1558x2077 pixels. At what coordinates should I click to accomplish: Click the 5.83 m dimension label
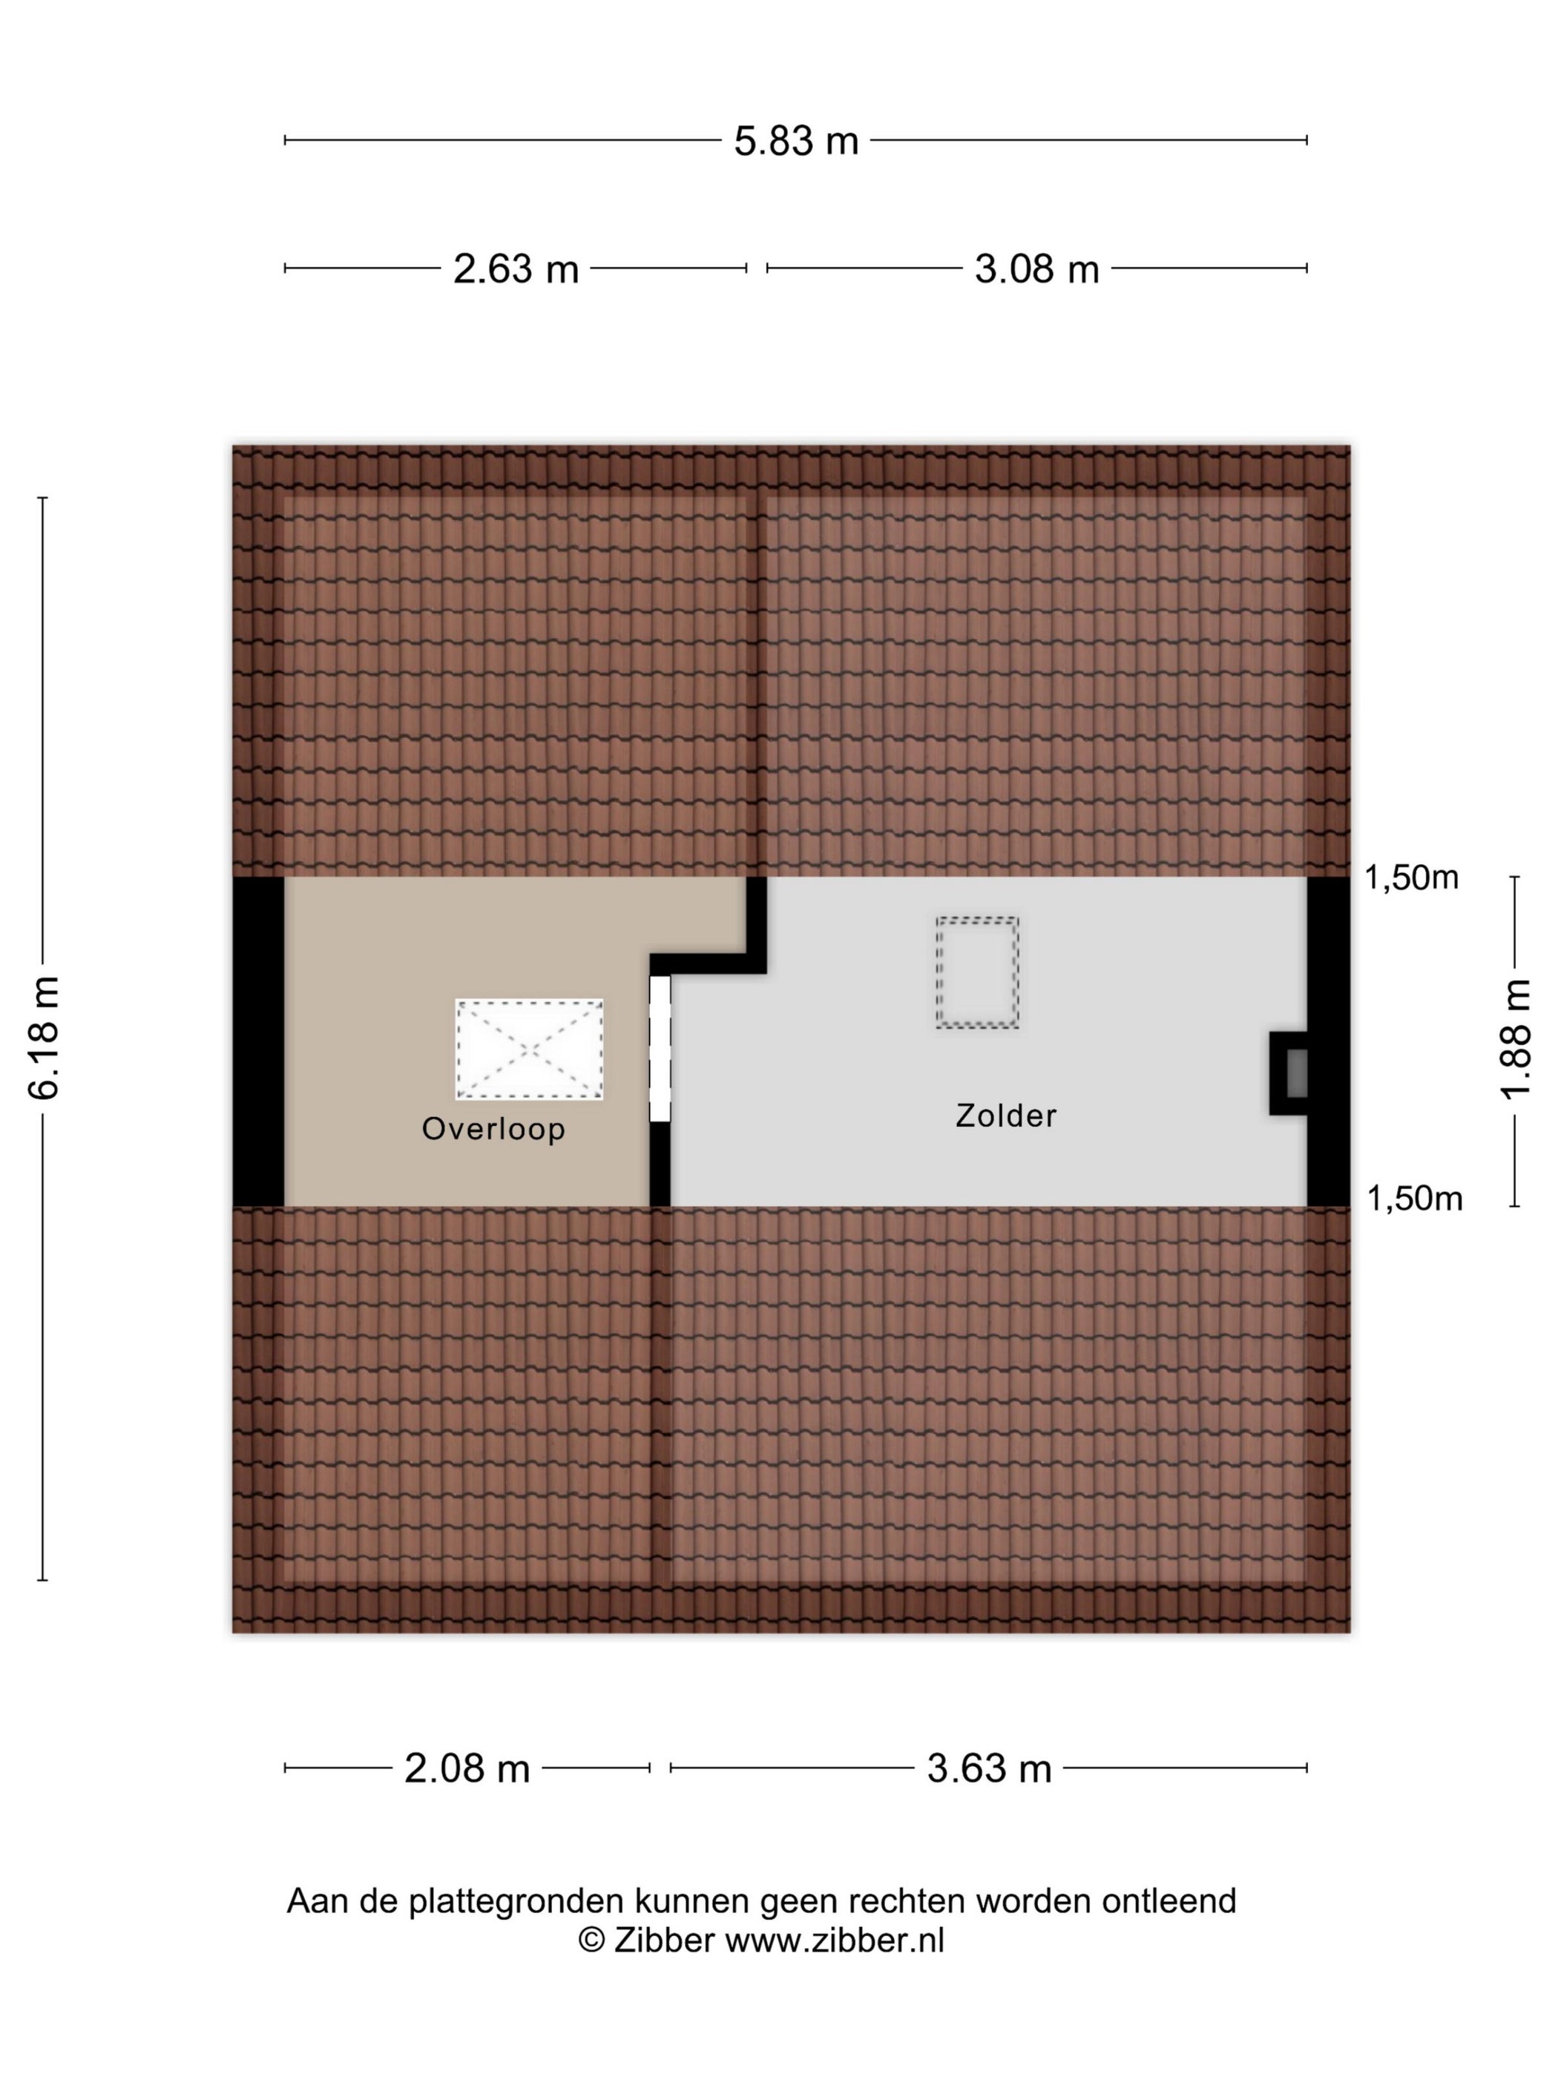[x=795, y=141]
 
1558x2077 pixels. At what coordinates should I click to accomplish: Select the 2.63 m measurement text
[x=516, y=269]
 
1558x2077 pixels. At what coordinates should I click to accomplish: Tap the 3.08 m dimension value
[x=1036, y=269]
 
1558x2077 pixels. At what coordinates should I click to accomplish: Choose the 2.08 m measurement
[x=467, y=1769]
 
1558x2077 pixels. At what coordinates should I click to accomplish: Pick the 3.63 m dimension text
[x=989, y=1769]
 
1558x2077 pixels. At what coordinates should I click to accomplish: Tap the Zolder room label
[x=1006, y=1115]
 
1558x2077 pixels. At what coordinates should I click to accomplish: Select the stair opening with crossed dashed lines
[x=530, y=1049]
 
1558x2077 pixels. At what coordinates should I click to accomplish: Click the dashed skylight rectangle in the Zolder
[x=976, y=972]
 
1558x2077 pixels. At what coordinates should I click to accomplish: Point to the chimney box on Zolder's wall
[x=1289, y=1073]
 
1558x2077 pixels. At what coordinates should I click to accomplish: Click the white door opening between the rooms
[x=661, y=1048]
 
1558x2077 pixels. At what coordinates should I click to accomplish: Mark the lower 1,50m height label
[x=1414, y=1198]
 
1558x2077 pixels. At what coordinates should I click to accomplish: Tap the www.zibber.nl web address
[x=835, y=1940]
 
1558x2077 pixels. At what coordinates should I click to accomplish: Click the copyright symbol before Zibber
[x=591, y=1940]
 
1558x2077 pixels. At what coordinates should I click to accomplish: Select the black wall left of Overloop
[x=258, y=1041]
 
